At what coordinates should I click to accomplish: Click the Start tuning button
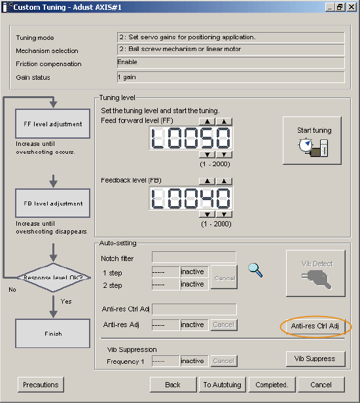pyautogui.click(x=312, y=140)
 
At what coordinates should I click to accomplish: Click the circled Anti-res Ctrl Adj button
pyautogui.click(x=315, y=326)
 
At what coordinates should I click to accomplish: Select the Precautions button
pyautogui.click(x=41, y=385)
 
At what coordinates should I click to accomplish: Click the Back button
pyautogui.click(x=173, y=385)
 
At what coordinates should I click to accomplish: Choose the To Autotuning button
pyautogui.click(x=223, y=385)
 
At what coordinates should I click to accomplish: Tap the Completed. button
pyautogui.click(x=272, y=385)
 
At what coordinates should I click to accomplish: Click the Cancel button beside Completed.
pyautogui.click(x=321, y=385)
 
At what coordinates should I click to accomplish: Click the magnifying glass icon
pyautogui.click(x=255, y=270)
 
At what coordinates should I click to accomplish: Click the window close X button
pyautogui.click(x=351, y=7)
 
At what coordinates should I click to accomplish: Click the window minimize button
pyautogui.click(x=330, y=7)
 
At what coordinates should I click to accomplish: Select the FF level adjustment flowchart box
pyautogui.click(x=53, y=124)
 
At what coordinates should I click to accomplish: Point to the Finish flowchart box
pyautogui.click(x=53, y=334)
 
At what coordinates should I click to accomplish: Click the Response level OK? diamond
pyautogui.click(x=54, y=277)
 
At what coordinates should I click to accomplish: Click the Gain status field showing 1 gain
pyautogui.click(x=230, y=77)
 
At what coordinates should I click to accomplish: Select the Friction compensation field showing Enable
pyautogui.click(x=230, y=62)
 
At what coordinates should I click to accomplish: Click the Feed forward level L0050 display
pyautogui.click(x=191, y=138)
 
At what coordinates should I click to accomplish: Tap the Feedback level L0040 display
pyautogui.click(x=191, y=198)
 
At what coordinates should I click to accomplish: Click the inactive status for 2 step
pyautogui.click(x=194, y=285)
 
